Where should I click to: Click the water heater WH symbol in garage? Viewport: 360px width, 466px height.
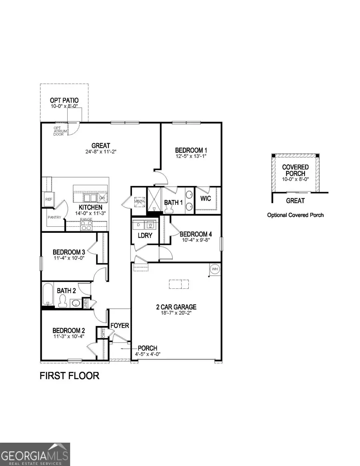(214, 269)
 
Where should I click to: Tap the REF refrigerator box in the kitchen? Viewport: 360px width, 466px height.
(48, 199)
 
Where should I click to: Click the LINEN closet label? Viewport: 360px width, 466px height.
(85, 304)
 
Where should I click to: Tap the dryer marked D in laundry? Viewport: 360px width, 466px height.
(138, 224)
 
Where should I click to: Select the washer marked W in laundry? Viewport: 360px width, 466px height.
(150, 224)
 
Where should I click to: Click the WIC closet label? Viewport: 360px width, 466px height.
(206, 198)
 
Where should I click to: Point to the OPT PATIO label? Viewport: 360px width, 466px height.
(64, 100)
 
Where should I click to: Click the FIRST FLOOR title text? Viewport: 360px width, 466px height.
(69, 376)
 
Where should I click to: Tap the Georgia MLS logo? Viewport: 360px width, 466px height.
(35, 454)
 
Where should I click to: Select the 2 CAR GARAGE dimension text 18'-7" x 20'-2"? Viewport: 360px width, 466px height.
(176, 313)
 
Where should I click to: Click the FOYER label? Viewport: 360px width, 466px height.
(120, 325)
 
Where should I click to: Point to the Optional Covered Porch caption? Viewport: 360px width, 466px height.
(295, 215)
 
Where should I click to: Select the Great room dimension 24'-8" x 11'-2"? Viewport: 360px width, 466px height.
(100, 152)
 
